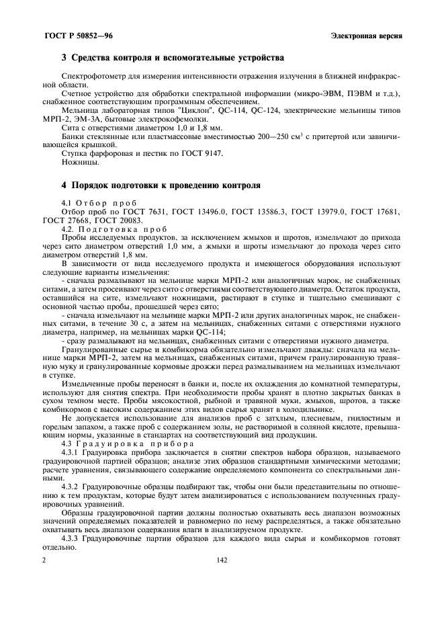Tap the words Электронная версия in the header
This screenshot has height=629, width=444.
pos(367,35)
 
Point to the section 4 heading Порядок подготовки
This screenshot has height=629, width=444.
pos(161,184)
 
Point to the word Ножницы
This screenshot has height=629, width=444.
pos(80,163)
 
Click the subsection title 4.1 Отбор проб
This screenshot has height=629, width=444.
pos(99,202)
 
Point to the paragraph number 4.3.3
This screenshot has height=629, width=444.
pos(72,538)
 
